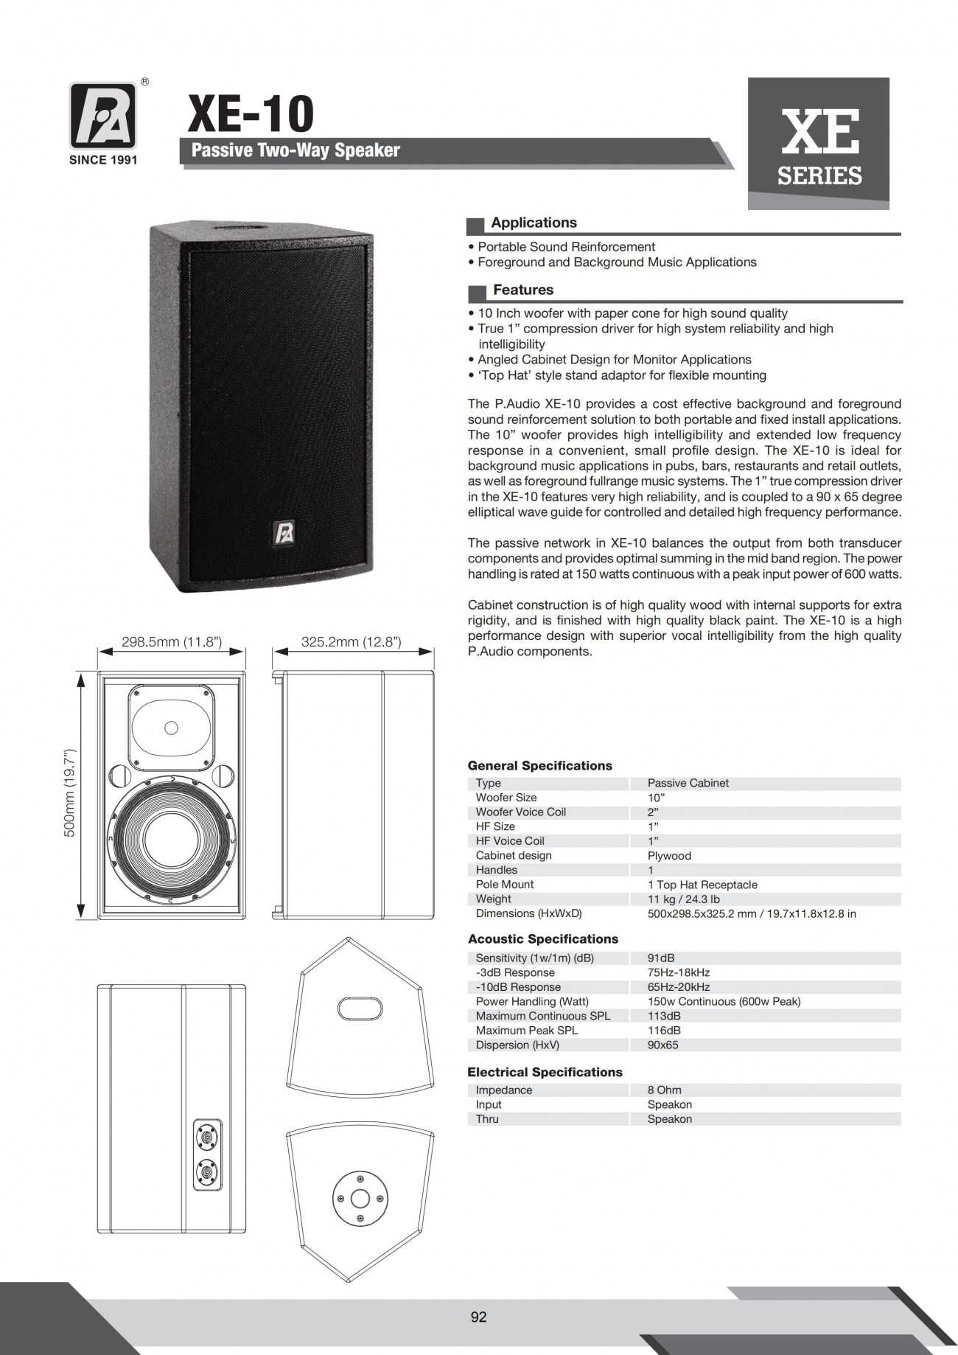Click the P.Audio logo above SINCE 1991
(x=103, y=115)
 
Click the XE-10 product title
(x=251, y=114)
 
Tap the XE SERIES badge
(x=819, y=144)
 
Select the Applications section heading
(x=534, y=223)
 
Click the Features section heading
(x=523, y=290)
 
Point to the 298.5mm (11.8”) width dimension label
(x=172, y=642)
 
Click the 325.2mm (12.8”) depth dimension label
(x=352, y=642)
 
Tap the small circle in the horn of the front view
(x=172, y=728)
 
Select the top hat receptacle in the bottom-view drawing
(x=360, y=1195)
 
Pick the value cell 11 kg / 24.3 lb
(x=683, y=899)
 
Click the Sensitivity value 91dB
(x=660, y=958)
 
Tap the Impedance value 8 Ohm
(x=664, y=1090)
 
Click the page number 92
(x=478, y=1317)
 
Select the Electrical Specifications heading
(x=545, y=1072)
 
